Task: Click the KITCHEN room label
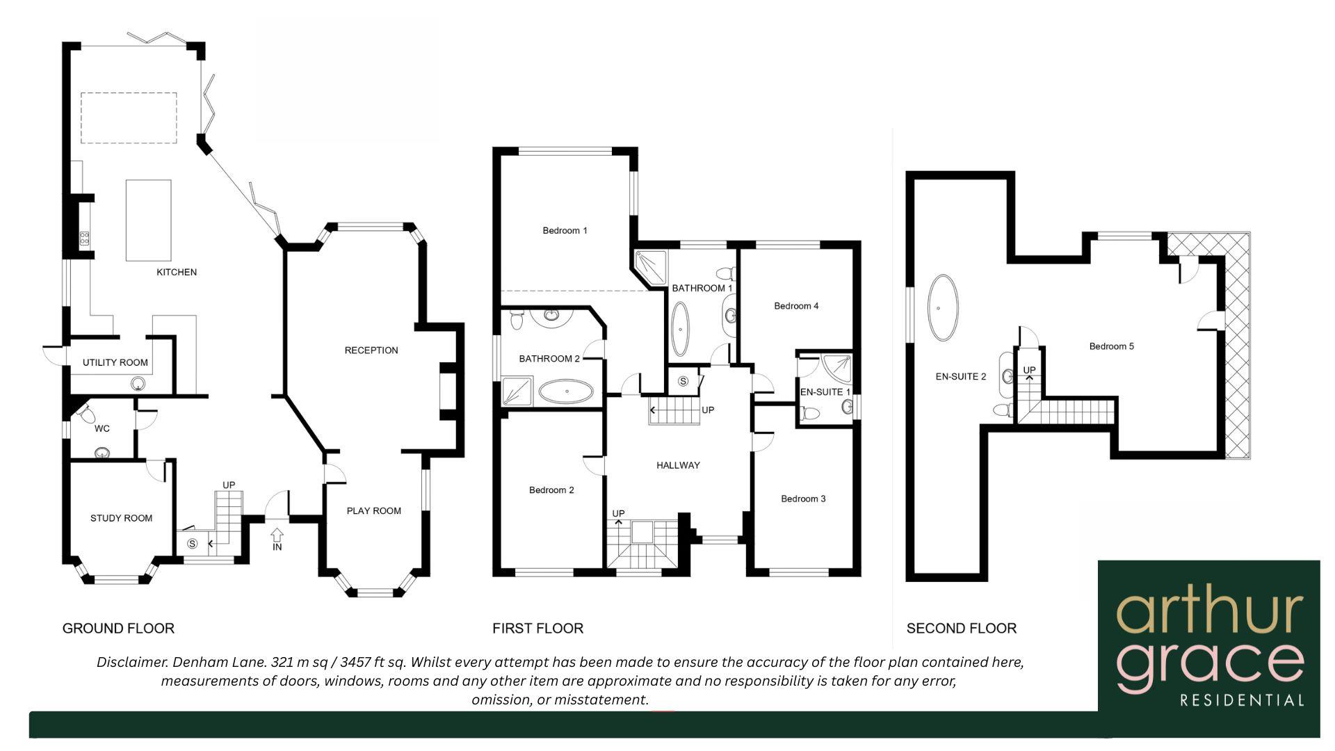pos(177,272)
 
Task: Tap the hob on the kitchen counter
pos(84,239)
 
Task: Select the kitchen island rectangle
pos(148,220)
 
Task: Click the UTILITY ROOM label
pos(115,362)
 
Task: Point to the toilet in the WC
pos(88,415)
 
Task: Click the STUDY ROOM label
pos(121,518)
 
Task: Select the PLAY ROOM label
pos(374,510)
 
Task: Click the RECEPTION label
pos(371,350)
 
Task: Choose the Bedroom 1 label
pos(565,230)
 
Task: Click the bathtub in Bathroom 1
pos(681,329)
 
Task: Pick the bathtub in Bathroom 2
pos(567,392)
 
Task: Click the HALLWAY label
pos(678,465)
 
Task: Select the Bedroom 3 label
pos(803,499)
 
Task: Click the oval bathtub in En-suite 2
pos(942,307)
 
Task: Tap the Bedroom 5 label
pos(1111,346)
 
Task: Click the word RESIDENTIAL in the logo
pos(1242,700)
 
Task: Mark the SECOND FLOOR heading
pos(961,629)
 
